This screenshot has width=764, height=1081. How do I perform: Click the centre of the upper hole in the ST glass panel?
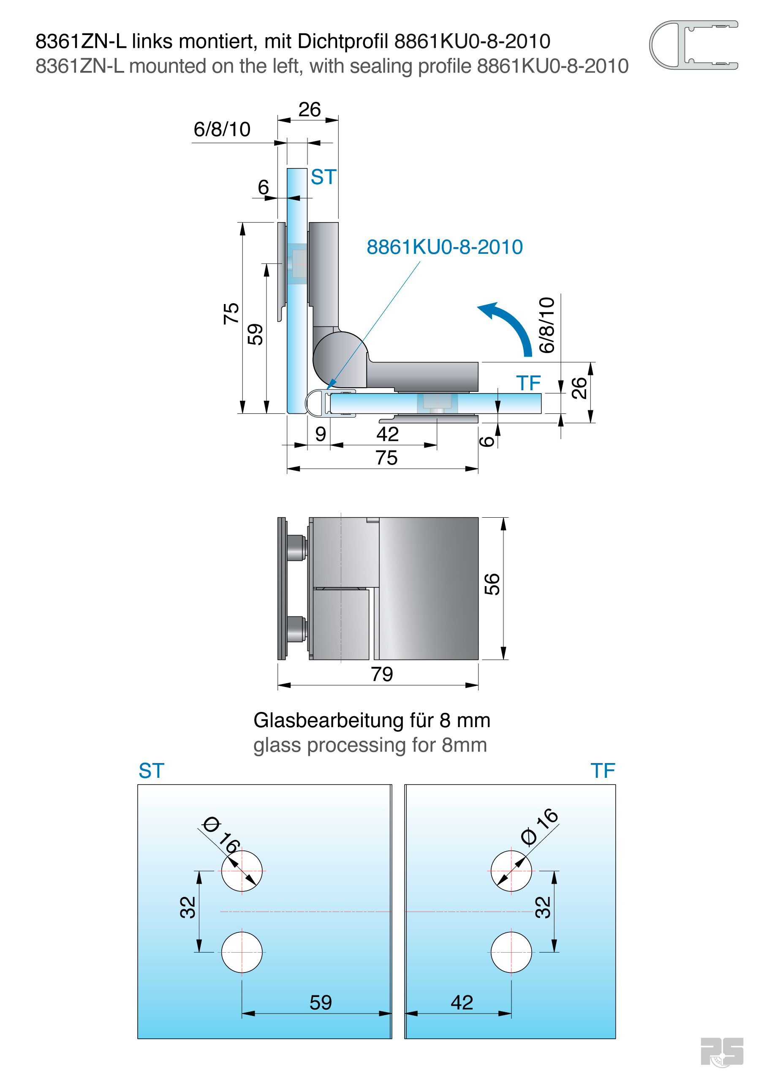(x=242, y=871)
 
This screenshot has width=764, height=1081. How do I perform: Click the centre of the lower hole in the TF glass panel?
(x=511, y=952)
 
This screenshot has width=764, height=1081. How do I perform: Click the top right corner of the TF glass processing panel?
(x=615, y=785)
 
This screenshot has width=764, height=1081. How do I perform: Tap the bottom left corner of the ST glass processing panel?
(x=138, y=1038)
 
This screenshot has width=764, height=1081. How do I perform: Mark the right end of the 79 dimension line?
(x=478, y=685)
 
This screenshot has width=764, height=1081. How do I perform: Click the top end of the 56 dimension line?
(x=503, y=518)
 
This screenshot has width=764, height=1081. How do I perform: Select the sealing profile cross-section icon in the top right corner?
(x=693, y=45)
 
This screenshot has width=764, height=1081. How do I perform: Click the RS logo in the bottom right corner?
(x=722, y=1051)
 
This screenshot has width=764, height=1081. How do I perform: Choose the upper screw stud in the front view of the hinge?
(x=296, y=548)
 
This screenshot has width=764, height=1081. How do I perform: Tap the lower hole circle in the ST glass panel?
(x=242, y=952)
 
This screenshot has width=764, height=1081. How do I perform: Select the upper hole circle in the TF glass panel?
(x=511, y=871)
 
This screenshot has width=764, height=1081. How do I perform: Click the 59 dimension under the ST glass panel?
(x=321, y=1002)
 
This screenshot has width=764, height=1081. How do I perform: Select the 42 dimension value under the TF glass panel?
(x=462, y=1002)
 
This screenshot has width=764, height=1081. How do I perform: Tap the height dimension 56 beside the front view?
(x=492, y=584)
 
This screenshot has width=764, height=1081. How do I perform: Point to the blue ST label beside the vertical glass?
(x=324, y=177)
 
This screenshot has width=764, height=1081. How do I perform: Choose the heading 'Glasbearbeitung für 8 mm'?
(x=372, y=720)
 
